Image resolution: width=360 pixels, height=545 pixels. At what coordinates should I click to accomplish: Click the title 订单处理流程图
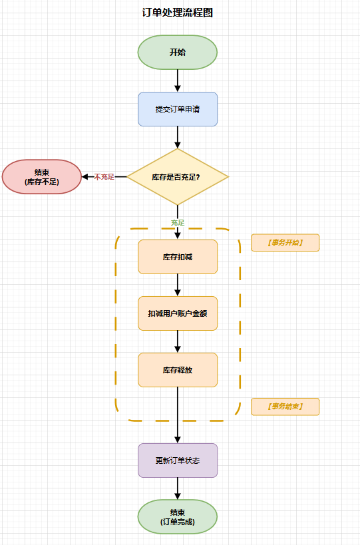[x=178, y=13]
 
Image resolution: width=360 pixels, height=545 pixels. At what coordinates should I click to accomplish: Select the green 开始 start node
[x=178, y=52]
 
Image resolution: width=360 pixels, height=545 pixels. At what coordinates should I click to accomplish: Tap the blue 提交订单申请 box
[x=178, y=109]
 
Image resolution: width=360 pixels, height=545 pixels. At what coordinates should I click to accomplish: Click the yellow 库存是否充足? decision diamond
[x=178, y=177]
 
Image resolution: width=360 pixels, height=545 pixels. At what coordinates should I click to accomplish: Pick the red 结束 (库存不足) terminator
[x=41, y=177]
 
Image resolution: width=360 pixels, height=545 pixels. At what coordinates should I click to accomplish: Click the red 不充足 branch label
[x=104, y=177]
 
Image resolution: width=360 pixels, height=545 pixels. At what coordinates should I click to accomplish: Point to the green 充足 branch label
[x=178, y=222]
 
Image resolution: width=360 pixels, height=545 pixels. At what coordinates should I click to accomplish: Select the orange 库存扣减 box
[x=178, y=257]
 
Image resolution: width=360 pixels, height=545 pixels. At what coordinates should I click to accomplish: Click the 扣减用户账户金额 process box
[x=178, y=313]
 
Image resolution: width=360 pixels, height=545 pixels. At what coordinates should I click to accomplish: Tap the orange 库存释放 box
[x=178, y=370]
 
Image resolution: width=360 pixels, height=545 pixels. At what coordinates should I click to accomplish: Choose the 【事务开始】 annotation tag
[x=285, y=243]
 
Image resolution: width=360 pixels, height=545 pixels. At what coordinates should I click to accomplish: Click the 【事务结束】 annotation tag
[x=285, y=406]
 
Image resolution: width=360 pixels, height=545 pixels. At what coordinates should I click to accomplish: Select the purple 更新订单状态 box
[x=178, y=460]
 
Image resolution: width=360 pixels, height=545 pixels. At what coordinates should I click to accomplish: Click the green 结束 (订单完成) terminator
[x=178, y=517]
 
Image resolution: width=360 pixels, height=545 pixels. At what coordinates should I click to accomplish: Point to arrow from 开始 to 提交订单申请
[x=178, y=81]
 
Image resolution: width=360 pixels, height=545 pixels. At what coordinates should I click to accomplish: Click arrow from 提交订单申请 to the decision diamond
[x=178, y=137]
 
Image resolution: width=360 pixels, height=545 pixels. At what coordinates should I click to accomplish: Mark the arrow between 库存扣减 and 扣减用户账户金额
[x=178, y=285]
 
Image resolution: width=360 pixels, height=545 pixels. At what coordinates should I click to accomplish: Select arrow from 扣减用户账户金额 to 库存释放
[x=178, y=341]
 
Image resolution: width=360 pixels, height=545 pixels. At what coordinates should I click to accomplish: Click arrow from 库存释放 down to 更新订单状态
[x=178, y=415]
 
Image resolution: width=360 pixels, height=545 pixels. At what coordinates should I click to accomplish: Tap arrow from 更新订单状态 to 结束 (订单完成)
[x=178, y=488]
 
